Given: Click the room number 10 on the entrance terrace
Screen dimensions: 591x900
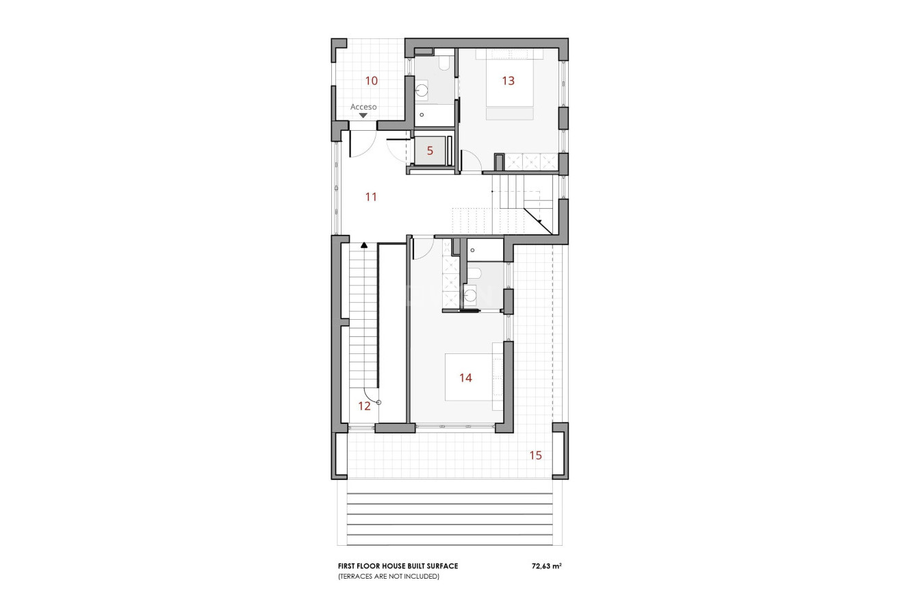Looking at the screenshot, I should pyautogui.click(x=371, y=81).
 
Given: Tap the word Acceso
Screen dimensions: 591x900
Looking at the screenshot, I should pyautogui.click(x=363, y=107).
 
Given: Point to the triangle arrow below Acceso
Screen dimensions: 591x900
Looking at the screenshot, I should pyautogui.click(x=363, y=116).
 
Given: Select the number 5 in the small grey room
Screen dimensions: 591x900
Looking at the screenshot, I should pyautogui.click(x=430, y=151).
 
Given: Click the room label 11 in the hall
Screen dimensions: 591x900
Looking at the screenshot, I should pyautogui.click(x=371, y=197).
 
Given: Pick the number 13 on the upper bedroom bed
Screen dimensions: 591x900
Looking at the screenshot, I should pyautogui.click(x=508, y=81).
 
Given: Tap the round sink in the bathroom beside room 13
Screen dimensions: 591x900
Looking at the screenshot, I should pyautogui.click(x=422, y=89).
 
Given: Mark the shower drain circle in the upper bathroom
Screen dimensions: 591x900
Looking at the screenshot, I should pyautogui.click(x=421, y=115).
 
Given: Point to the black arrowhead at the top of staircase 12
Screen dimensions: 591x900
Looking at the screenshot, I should pyautogui.click(x=364, y=244).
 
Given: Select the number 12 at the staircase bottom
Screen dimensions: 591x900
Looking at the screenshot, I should pyautogui.click(x=364, y=406).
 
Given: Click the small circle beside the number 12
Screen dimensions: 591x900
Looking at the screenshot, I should pyautogui.click(x=378, y=403).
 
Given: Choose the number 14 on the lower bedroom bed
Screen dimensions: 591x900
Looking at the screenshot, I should pyautogui.click(x=465, y=378).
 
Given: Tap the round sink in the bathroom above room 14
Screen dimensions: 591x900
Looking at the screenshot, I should pyautogui.click(x=470, y=295).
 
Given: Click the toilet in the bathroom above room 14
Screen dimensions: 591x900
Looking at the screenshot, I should pyautogui.click(x=477, y=274).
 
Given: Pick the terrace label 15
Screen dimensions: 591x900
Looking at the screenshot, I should pyautogui.click(x=535, y=455).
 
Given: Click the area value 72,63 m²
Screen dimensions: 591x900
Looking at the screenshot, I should pyautogui.click(x=546, y=566).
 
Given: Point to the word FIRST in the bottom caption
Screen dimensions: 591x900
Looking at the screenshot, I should pyautogui.click(x=348, y=566).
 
